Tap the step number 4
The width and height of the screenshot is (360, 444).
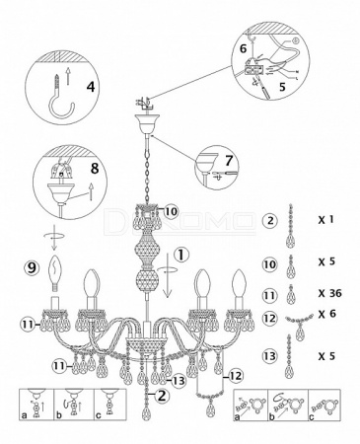91,86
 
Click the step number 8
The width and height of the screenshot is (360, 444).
95,169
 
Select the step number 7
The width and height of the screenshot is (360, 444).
229,161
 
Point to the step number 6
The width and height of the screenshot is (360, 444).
243,48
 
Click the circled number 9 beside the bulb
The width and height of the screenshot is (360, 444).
33,268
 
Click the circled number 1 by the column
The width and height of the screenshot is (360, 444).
181,256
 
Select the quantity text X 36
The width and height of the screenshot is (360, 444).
330,293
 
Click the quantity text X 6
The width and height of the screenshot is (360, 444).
327,314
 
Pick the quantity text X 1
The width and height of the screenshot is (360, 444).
325,219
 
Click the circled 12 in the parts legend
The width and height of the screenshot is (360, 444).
270,319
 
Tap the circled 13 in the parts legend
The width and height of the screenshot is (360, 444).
270,356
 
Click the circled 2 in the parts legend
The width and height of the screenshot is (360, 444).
270,220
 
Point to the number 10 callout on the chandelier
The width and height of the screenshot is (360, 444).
171,212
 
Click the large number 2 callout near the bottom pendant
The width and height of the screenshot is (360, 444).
162,396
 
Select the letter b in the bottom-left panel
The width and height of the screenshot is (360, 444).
59,415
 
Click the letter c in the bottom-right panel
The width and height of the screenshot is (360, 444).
312,417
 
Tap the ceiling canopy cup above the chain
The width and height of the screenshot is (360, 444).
148,123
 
